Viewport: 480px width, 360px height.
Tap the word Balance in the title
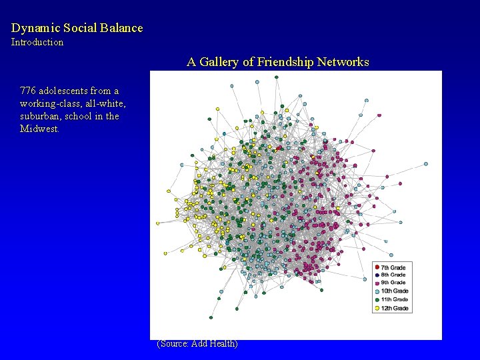[121, 28]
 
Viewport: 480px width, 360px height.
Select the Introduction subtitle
[37, 42]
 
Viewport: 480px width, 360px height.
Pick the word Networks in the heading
[343, 62]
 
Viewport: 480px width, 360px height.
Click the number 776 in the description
[28, 91]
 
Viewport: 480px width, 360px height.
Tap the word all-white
[107, 103]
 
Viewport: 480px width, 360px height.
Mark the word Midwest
[39, 129]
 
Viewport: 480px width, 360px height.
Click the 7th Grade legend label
[393, 267]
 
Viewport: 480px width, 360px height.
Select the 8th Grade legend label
[393, 275]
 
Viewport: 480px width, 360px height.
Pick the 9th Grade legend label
[393, 283]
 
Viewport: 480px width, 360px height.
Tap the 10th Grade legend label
[395, 291]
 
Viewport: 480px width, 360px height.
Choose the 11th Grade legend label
[395, 299]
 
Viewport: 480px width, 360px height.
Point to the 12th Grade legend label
[395, 308]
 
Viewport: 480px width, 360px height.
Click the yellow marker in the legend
[377, 308]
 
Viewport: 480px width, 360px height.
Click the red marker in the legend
[377, 267]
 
